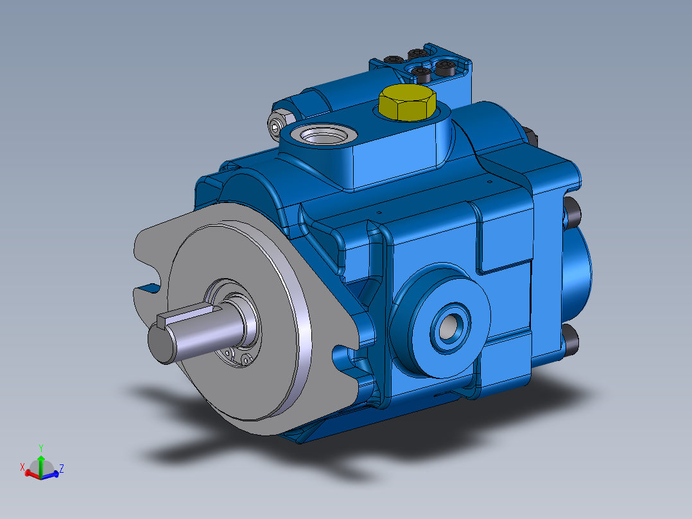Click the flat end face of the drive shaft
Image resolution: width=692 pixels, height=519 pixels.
[x=161, y=343]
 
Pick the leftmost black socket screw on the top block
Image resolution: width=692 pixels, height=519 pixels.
[x=392, y=60]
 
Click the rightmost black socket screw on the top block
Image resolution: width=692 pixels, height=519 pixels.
[x=445, y=67]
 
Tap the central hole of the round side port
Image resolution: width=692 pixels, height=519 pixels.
[x=449, y=327]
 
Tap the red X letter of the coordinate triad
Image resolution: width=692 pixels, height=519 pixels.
[x=22, y=467]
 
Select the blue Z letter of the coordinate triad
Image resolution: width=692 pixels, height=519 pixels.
[x=62, y=468]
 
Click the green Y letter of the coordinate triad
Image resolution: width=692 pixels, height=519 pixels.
[x=41, y=448]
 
